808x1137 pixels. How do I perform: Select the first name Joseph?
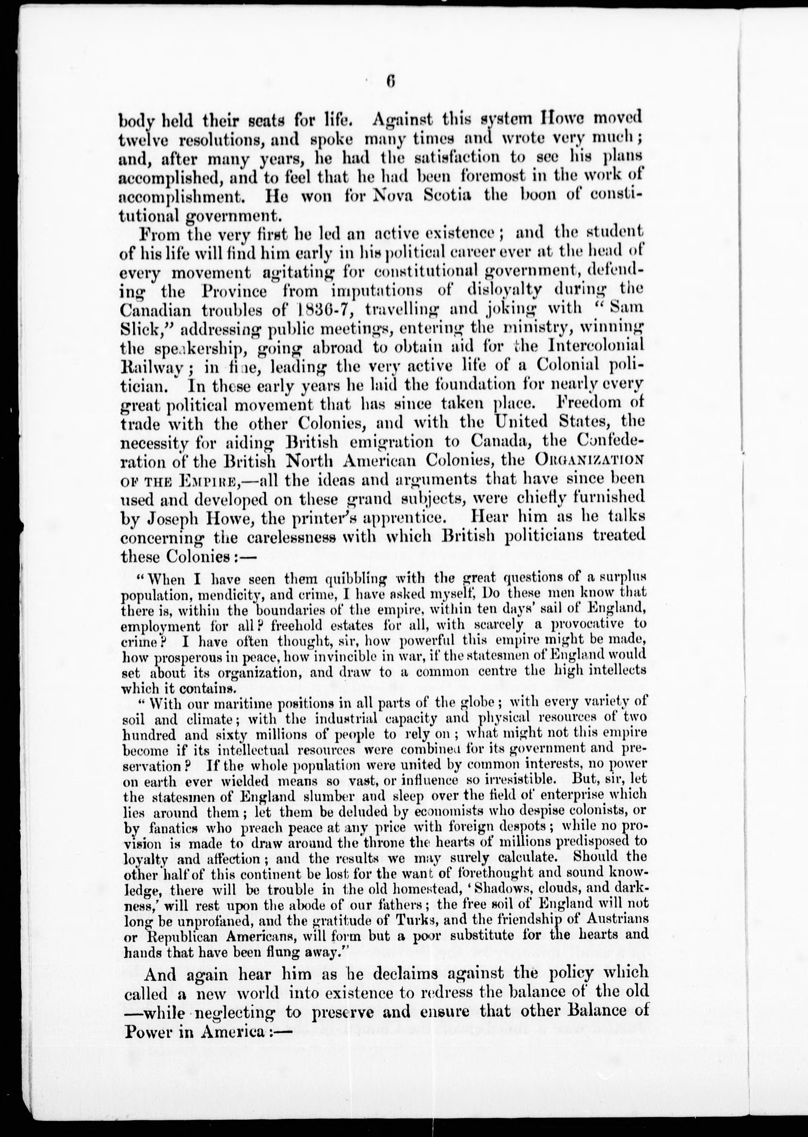175,518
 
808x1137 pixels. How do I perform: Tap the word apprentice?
395,518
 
